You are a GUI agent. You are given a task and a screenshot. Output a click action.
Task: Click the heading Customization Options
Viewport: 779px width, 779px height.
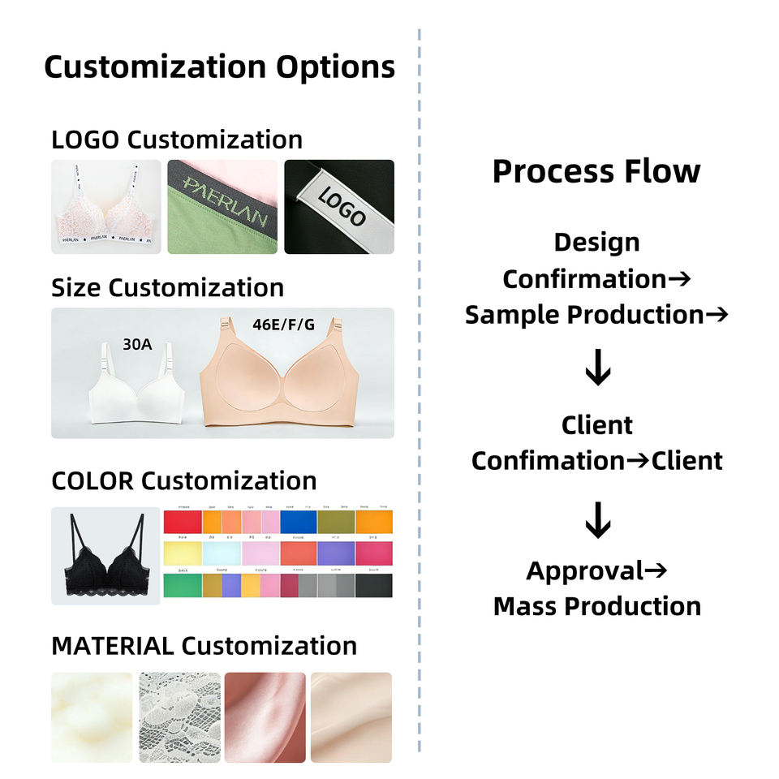click(219, 67)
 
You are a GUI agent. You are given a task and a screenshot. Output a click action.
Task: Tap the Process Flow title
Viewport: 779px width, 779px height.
click(596, 171)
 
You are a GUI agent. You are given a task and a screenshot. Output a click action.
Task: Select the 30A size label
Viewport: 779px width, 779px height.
click(137, 344)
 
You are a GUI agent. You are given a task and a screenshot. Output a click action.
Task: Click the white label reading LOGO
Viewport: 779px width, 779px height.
click(342, 206)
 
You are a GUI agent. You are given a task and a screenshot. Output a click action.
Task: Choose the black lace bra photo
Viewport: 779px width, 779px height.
click(105, 556)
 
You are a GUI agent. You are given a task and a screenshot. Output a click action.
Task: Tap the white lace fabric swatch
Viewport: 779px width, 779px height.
click(179, 717)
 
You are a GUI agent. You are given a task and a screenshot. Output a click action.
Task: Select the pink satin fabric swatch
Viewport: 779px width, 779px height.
click(265, 717)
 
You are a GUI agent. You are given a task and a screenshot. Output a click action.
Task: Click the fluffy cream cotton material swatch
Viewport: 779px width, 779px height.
click(92, 717)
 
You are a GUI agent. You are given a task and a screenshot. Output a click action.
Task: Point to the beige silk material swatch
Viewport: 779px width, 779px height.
click(351, 717)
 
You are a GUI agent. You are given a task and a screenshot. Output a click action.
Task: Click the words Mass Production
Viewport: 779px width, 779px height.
click(596, 606)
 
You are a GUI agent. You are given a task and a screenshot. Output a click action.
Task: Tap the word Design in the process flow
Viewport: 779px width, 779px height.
click(596, 242)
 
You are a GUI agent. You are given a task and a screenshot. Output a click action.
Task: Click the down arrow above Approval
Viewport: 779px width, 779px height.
click(598, 520)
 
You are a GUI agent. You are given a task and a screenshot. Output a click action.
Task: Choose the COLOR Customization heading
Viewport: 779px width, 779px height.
click(183, 480)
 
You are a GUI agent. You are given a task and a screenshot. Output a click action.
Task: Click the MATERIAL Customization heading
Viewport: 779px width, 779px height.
click(204, 646)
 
